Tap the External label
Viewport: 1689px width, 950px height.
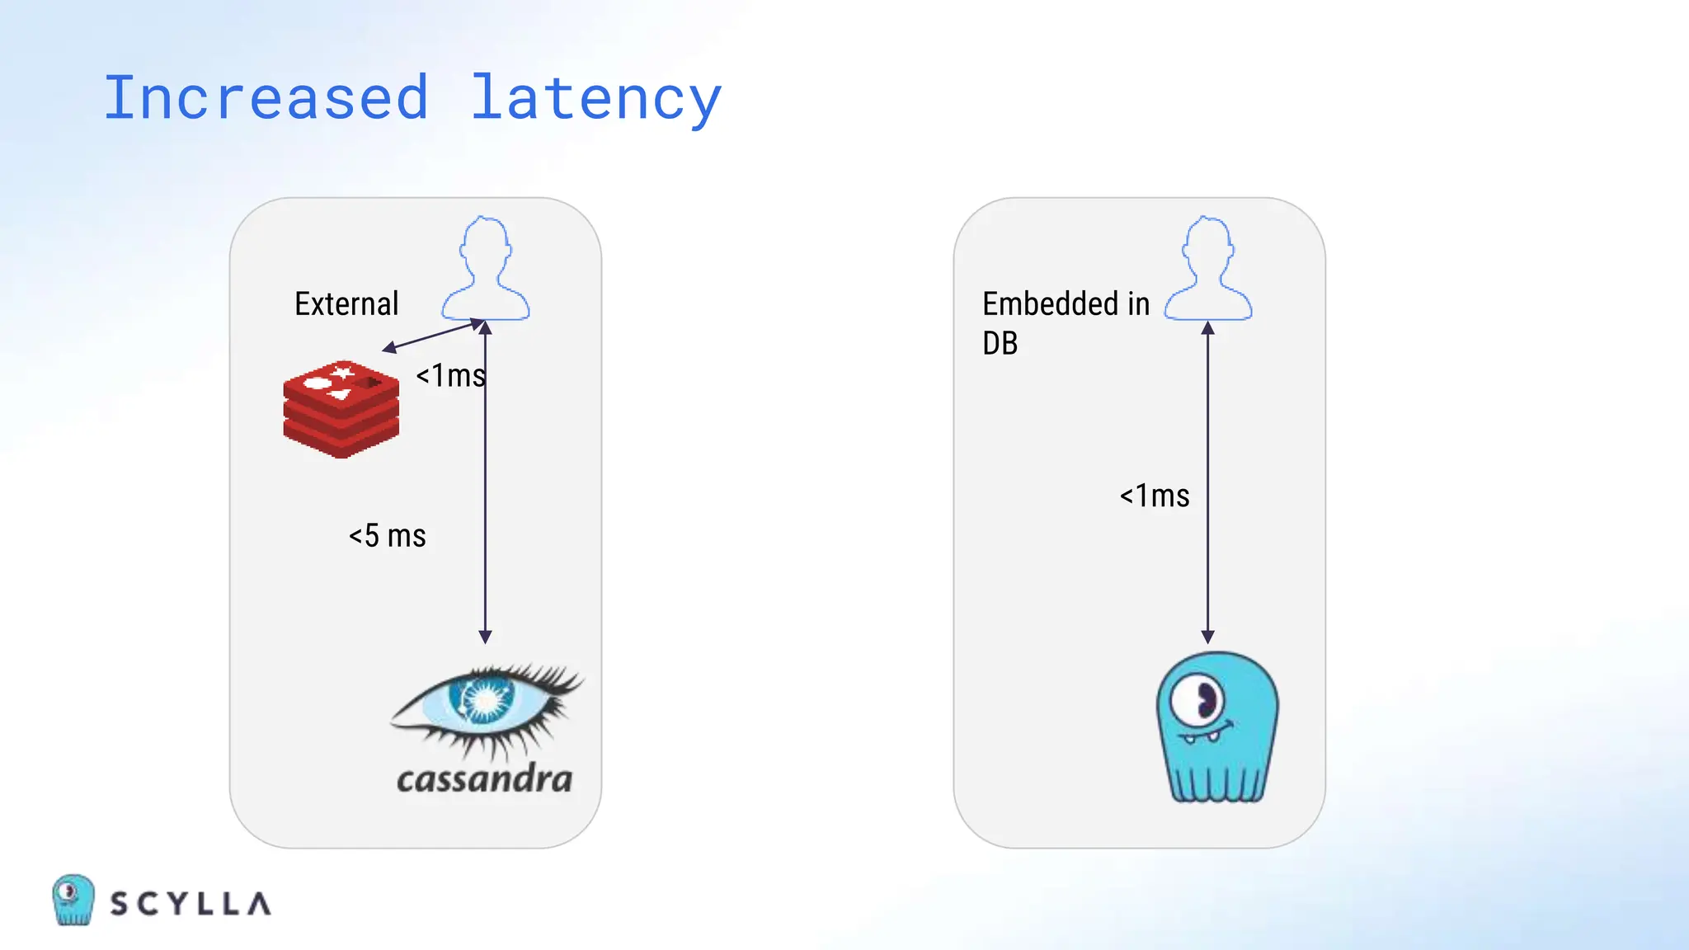(346, 304)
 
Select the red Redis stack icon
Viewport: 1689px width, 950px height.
(341, 408)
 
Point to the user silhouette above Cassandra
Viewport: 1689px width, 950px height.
(486, 270)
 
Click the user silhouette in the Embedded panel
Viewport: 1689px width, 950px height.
(1208, 270)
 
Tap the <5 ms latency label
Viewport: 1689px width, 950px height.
(387, 536)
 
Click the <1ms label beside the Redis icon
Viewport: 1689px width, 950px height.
(450, 376)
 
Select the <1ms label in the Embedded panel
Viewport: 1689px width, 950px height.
(1154, 496)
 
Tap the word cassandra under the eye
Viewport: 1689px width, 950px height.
(484, 779)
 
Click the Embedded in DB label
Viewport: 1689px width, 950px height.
(1065, 322)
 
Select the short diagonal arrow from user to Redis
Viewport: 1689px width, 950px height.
(430, 336)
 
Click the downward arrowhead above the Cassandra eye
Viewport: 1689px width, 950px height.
(485, 637)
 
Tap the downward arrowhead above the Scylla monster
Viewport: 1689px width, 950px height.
(1207, 637)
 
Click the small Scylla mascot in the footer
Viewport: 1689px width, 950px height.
(73, 900)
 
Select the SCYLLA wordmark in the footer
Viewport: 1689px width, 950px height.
(191, 904)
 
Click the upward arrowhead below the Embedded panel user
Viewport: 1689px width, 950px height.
(1207, 328)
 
